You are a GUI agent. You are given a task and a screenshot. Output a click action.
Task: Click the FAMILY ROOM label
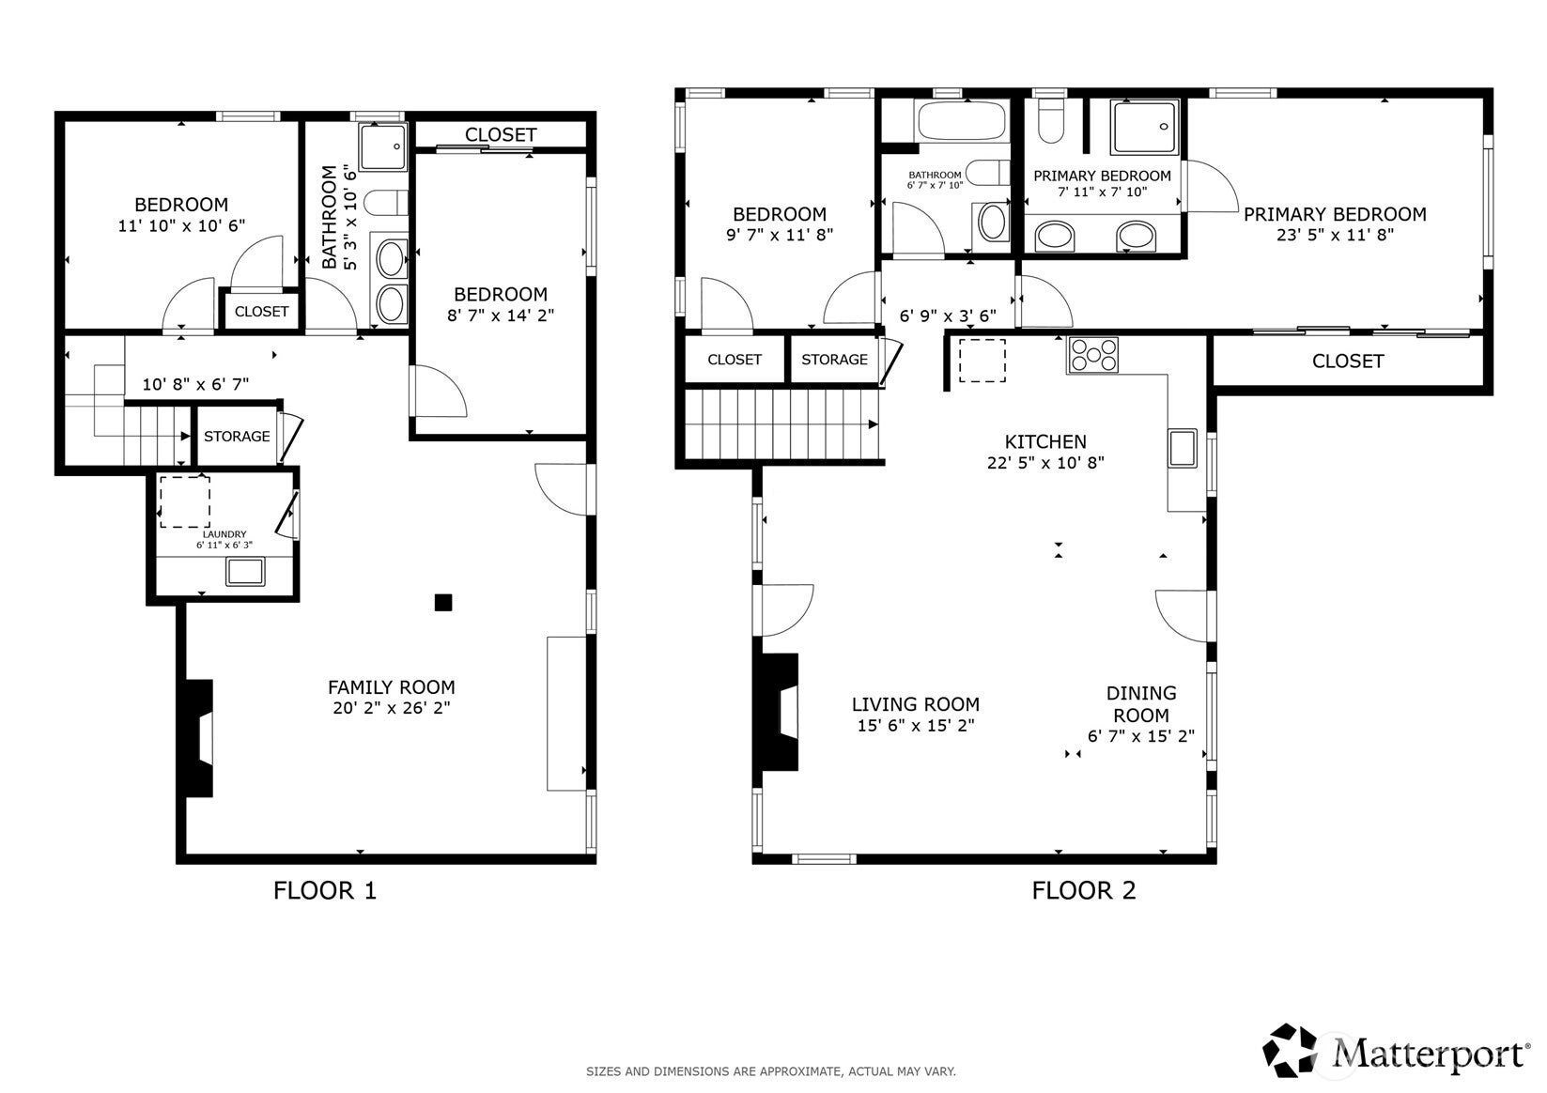[392, 687]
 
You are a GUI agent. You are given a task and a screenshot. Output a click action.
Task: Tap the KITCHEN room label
[1045, 442]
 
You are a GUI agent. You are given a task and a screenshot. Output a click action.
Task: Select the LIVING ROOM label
[916, 704]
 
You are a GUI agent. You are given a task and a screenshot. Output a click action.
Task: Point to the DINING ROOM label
[1141, 704]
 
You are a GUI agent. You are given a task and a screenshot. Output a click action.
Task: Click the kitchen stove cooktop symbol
[1092, 355]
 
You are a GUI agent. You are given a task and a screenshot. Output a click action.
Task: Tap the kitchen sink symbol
[1183, 447]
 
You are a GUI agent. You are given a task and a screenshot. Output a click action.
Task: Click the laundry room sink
[245, 572]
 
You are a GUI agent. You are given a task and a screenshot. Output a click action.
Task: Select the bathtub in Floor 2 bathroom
[961, 120]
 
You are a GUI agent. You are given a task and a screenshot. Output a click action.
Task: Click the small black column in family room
[443, 603]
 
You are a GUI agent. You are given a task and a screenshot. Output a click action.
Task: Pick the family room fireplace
[199, 738]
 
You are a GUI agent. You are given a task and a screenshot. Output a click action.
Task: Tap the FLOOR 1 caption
[325, 891]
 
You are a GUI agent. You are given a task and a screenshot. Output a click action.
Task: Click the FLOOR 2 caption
[1084, 891]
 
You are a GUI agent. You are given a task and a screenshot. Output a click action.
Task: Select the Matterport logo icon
[1290, 1050]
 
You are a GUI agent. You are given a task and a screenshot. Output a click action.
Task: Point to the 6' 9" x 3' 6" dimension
[948, 316]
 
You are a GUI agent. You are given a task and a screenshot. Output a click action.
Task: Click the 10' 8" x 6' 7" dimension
[195, 385]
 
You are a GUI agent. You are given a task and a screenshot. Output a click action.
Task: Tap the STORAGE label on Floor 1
[237, 437]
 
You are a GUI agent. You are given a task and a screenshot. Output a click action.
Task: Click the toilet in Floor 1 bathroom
[386, 203]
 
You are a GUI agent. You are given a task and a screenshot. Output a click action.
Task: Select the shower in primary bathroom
[1144, 127]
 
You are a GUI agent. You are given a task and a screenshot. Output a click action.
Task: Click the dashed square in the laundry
[185, 501]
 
